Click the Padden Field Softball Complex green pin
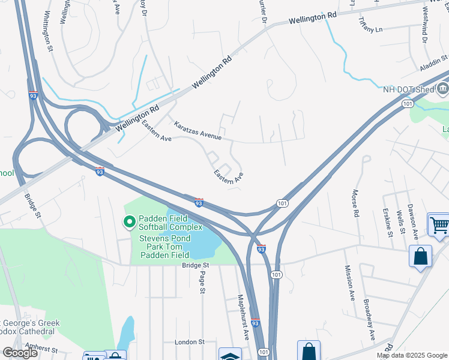(x=128, y=223)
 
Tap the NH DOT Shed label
(x=408, y=89)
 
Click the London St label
(x=189, y=342)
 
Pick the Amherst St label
(x=37, y=349)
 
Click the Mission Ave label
(x=349, y=283)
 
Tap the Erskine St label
(x=388, y=222)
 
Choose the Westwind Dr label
(x=425, y=25)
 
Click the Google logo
(x=20, y=353)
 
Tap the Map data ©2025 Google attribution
(x=411, y=355)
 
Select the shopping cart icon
(x=439, y=224)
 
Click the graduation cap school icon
(x=229, y=355)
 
